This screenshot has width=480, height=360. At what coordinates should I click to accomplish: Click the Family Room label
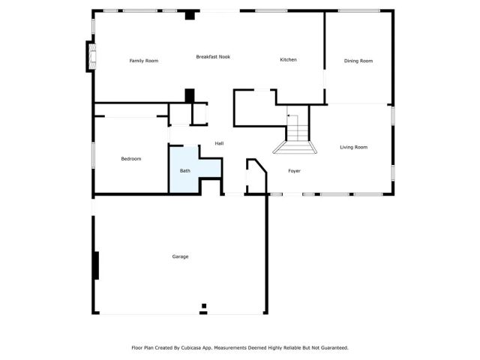click(x=144, y=61)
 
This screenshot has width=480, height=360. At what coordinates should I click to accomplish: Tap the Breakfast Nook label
click(x=213, y=57)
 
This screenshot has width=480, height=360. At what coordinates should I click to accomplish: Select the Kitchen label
click(x=289, y=60)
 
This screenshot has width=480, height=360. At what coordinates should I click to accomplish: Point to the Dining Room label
click(x=358, y=61)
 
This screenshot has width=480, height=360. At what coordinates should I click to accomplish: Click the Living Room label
click(x=353, y=147)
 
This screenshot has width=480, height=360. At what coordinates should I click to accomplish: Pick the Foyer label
click(x=295, y=171)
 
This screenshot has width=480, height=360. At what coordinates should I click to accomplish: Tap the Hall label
click(x=219, y=143)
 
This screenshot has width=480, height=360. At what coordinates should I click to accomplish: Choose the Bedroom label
click(x=131, y=159)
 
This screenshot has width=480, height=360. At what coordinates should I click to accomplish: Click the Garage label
click(x=180, y=256)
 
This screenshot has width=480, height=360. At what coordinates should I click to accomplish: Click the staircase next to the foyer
click(x=298, y=135)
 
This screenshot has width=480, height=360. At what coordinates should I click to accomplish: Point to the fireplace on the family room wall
click(x=91, y=56)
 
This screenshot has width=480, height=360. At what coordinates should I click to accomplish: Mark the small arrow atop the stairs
click(x=289, y=116)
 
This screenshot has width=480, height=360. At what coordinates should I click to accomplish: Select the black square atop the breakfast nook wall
click(x=190, y=14)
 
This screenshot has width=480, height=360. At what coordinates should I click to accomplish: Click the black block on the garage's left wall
click(x=95, y=265)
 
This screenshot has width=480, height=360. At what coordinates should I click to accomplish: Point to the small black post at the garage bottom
click(x=203, y=306)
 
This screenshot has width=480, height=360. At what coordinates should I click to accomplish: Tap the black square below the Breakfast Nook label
click(x=190, y=95)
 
